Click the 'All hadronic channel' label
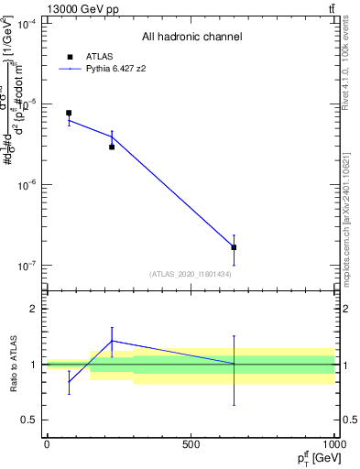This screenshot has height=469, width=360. coord(191,38)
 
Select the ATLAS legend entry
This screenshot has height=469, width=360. coord(92,56)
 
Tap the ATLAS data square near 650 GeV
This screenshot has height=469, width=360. coord(234,247)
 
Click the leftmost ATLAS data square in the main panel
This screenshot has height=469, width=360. coord(69,113)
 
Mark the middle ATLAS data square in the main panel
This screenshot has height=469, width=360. coord(112,147)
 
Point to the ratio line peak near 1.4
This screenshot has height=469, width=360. coord(112,341)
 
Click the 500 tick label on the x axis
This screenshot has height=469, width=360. coord(191,444)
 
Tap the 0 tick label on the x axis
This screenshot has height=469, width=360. coord(47,444)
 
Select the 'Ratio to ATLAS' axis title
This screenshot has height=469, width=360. coord(12,365)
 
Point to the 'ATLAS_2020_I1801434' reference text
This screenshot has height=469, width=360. coord(191,274)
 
